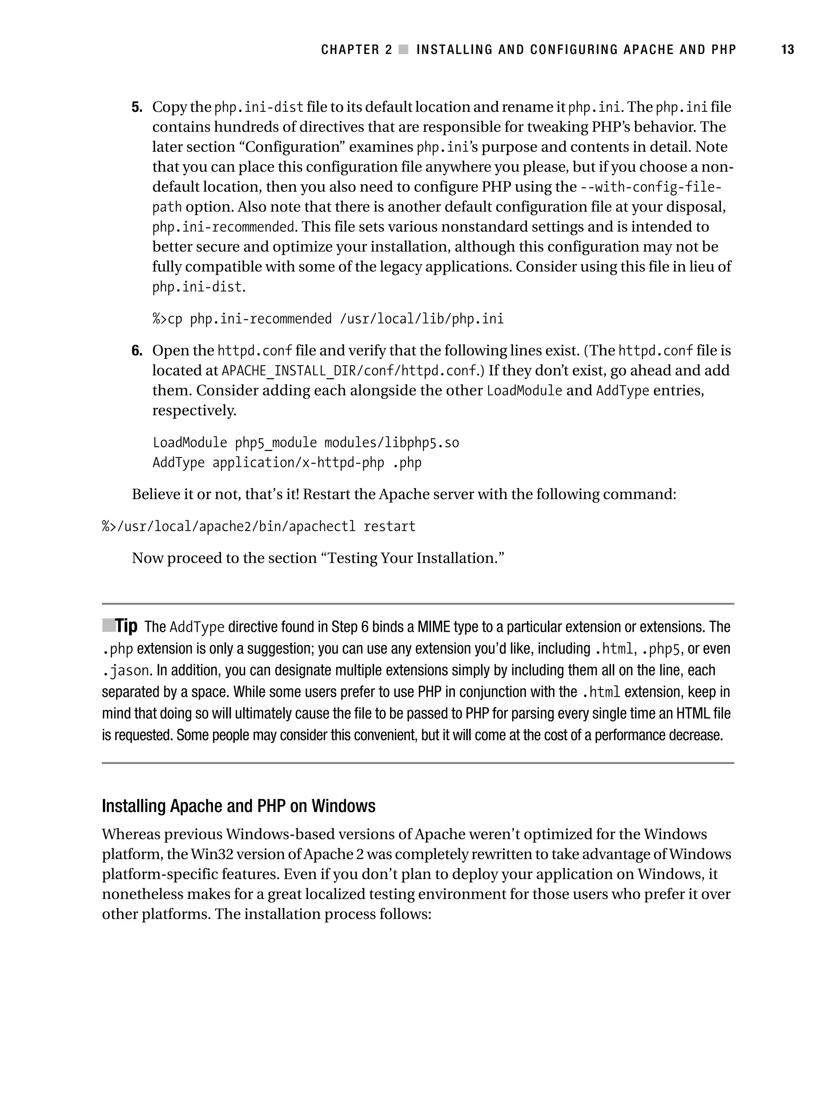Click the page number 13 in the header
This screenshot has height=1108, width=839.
787,50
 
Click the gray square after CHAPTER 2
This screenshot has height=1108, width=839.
404,50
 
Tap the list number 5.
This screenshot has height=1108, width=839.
136,107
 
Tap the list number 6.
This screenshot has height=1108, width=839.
136,350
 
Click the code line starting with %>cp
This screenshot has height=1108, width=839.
328,319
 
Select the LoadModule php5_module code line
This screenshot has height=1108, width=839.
306,443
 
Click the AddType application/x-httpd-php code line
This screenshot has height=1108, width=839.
287,463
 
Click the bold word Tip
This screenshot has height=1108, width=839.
126,626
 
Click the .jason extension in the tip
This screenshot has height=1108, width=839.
125,671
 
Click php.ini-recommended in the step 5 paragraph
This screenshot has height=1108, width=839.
223,227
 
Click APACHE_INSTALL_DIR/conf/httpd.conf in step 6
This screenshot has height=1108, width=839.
349,371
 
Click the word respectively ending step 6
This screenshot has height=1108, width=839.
194,411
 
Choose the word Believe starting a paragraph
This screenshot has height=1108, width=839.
155,494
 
